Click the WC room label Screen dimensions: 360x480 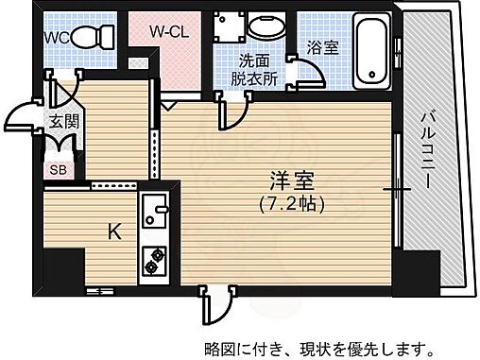tap(56, 38)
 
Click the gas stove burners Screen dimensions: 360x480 tap(153, 258)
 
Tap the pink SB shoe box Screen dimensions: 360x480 tap(57, 171)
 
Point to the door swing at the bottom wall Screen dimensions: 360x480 tap(213, 305)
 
